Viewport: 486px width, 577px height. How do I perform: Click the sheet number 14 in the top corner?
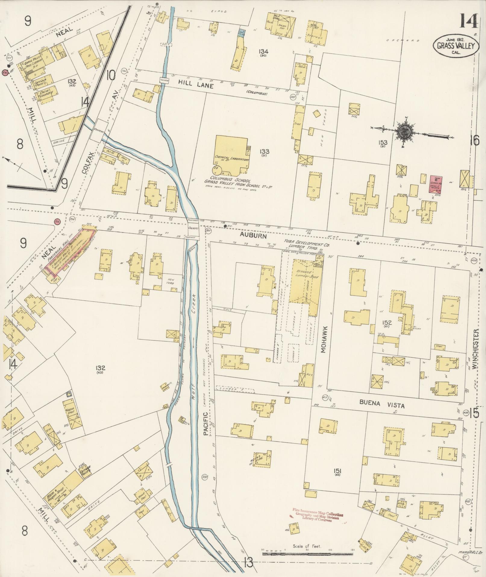468,21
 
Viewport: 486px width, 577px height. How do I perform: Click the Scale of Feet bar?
307,554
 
